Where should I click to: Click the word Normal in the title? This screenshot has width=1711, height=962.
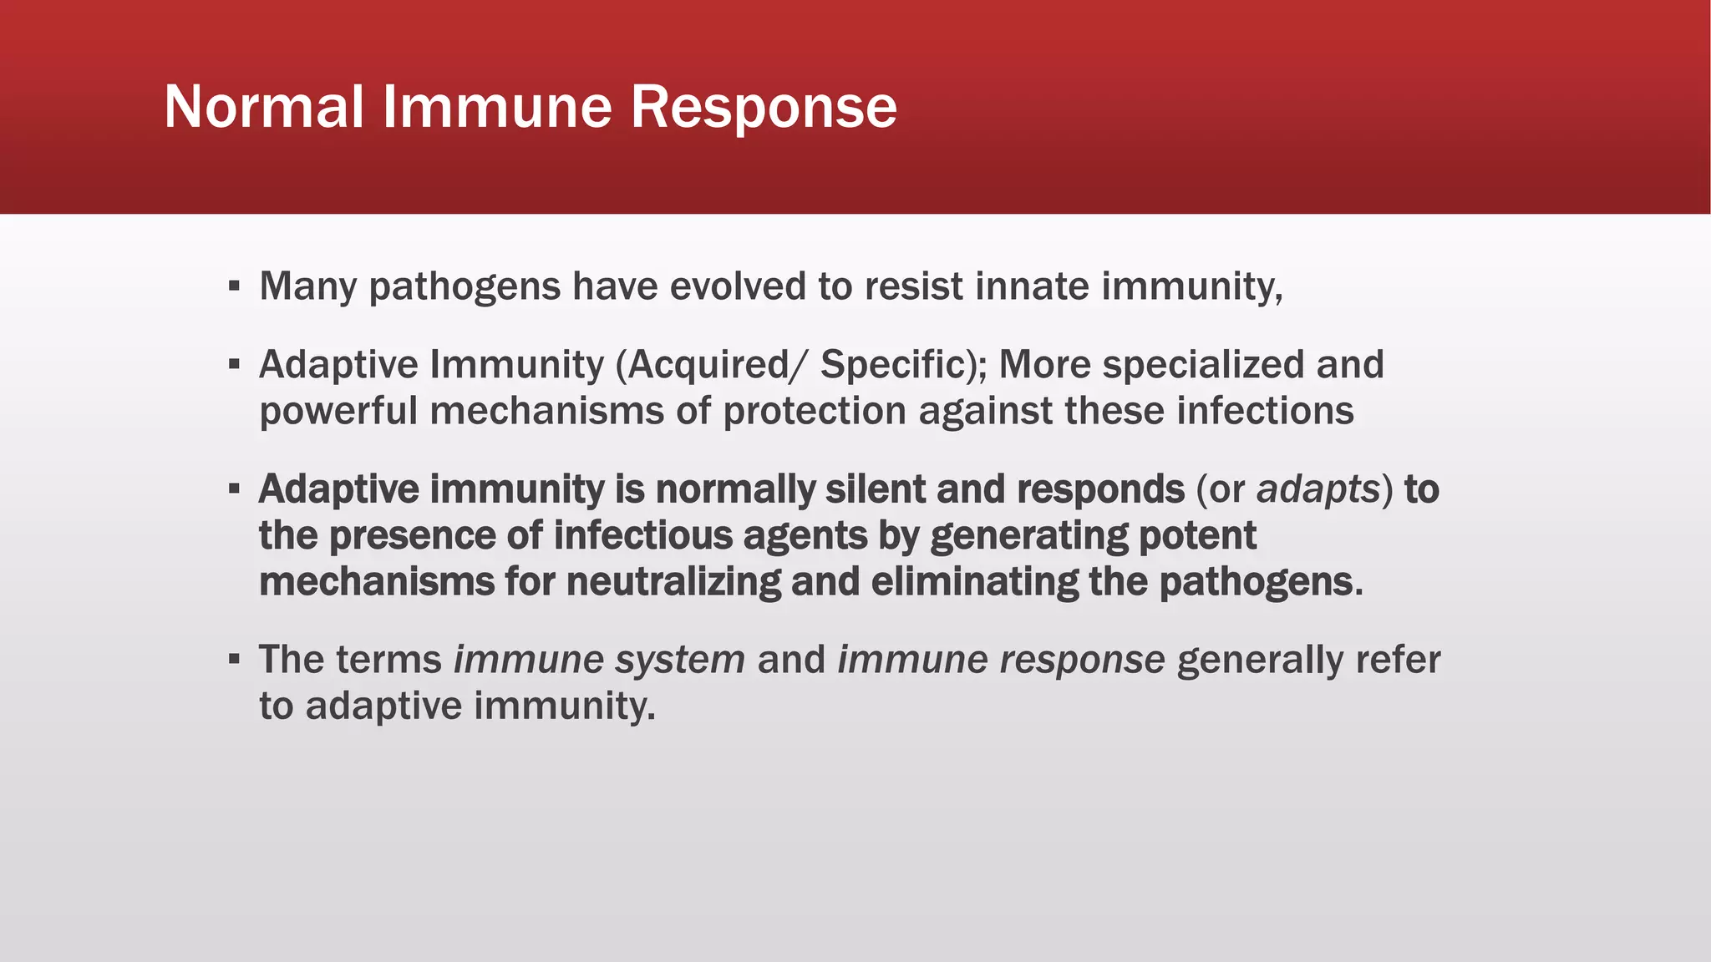264,107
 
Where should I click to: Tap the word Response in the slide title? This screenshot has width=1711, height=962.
764,107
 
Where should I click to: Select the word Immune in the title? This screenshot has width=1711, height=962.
497,107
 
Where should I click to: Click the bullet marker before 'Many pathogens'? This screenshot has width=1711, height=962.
235,287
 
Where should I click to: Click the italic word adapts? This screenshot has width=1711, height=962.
1318,489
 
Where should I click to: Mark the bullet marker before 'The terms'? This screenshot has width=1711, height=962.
235,660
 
